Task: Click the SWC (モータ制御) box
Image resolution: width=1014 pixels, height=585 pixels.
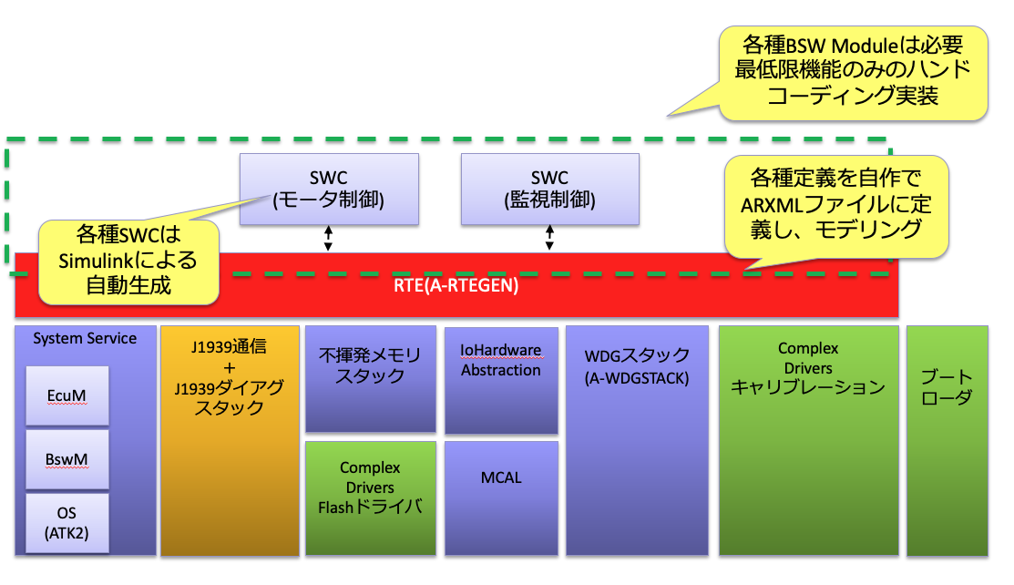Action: pos(329,189)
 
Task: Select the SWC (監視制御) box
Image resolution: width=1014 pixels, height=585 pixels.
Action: pos(549,189)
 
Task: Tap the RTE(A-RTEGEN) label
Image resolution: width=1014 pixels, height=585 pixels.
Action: pos(456,285)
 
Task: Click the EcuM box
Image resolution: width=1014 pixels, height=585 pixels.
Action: pos(67,395)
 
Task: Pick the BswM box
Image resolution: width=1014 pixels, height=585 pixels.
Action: pos(67,459)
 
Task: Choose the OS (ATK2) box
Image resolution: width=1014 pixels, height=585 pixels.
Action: pos(67,523)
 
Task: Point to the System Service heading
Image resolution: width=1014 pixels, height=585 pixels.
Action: pos(85,338)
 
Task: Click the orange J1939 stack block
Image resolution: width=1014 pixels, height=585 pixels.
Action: pos(230,441)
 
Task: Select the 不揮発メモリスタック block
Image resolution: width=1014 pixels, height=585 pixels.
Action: pos(371,379)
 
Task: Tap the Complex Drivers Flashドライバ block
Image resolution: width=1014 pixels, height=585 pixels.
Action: pos(371,498)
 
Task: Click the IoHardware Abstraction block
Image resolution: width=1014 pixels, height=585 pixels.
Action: pos(501,381)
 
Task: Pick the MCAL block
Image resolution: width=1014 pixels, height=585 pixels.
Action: pos(501,498)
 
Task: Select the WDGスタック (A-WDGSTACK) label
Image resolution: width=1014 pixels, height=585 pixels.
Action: pos(637,366)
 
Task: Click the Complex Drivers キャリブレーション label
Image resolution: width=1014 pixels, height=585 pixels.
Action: pos(808,368)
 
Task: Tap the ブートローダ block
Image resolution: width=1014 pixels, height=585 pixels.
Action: pos(947,441)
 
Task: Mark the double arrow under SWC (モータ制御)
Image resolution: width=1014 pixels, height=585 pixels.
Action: pos(329,238)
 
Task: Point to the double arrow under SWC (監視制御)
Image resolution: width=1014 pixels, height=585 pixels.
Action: pos(549,238)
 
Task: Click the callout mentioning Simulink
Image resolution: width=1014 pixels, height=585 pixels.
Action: pos(128,262)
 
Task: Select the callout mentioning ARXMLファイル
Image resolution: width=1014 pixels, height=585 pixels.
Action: pos(836,207)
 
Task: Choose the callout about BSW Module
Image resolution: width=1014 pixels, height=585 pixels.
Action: pos(853,73)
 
